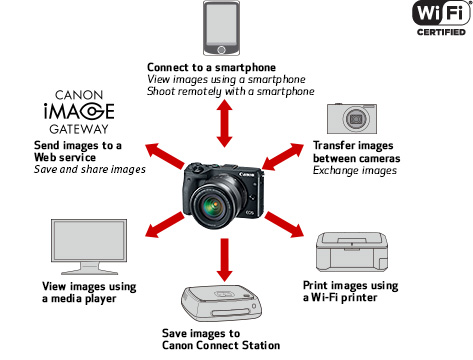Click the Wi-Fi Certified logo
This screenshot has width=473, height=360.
tap(442, 18)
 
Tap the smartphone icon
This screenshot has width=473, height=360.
tap(221, 28)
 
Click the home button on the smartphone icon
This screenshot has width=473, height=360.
tap(221, 50)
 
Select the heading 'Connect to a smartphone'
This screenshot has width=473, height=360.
tap(211, 67)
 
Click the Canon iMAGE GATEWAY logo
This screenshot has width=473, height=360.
tap(79, 112)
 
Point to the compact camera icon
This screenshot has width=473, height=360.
tap(352, 119)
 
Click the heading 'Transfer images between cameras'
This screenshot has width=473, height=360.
tap(356, 152)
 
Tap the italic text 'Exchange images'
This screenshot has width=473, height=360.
tap(355, 171)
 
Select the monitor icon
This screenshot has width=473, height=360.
tap(89, 247)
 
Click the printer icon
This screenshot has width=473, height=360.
tap(352, 252)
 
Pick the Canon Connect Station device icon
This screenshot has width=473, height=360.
tap(222, 303)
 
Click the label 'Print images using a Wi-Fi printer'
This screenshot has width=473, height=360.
tap(350, 291)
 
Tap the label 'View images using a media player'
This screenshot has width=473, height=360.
tap(89, 292)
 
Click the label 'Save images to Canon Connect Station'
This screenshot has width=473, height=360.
tap(221, 339)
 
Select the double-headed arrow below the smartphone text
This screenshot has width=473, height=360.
tap(224, 123)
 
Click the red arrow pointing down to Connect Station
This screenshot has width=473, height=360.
tap(225, 260)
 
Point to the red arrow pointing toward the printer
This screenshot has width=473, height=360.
tap(284, 225)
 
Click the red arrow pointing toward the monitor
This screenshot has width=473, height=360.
tap(165, 225)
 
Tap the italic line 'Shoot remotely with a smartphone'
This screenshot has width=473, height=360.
tap(231, 91)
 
